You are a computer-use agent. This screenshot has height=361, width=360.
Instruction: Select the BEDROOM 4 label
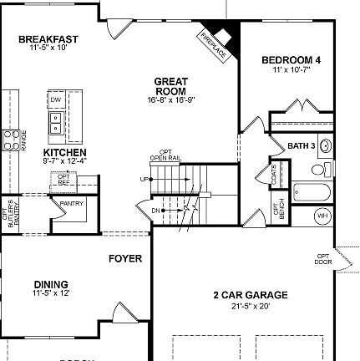point(291,60)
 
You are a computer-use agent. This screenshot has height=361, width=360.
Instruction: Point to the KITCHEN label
point(65,153)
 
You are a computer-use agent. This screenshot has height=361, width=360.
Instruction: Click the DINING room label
point(50,284)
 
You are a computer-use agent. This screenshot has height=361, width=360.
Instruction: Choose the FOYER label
point(125,258)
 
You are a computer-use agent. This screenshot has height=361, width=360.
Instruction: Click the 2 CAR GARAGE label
point(251,295)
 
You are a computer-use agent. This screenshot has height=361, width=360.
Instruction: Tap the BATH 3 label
point(302,146)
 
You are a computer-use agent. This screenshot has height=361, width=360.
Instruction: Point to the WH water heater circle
point(322,216)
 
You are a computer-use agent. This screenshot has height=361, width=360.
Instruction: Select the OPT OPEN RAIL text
point(165,155)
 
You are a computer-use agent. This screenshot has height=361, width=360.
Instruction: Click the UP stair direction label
point(145,180)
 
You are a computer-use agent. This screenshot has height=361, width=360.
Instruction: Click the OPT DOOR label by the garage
point(322,258)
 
